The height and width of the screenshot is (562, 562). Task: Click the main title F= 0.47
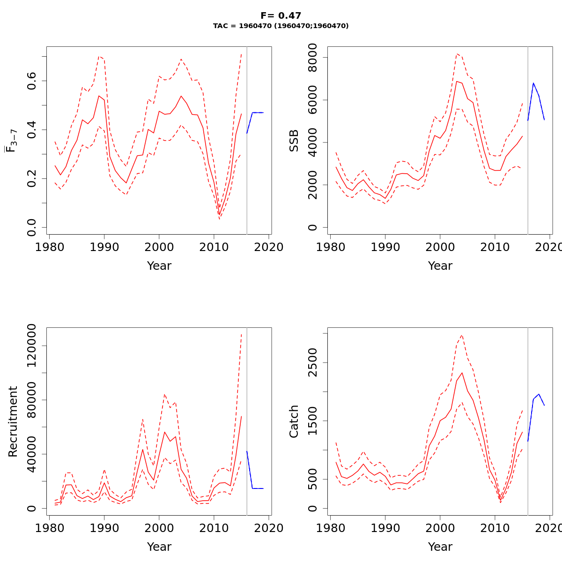click(x=281, y=16)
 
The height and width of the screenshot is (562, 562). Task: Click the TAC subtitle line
click(x=281, y=26)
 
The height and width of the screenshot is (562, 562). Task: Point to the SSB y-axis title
click(x=294, y=140)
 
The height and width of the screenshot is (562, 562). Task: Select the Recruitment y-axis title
click(x=13, y=421)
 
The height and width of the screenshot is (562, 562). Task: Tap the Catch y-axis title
click(x=294, y=421)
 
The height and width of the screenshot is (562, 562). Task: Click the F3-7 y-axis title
click(x=11, y=140)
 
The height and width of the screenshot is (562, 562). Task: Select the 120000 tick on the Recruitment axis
click(x=31, y=346)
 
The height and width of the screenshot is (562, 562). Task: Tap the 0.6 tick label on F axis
click(x=31, y=81)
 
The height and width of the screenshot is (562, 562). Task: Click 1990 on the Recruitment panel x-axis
click(x=104, y=528)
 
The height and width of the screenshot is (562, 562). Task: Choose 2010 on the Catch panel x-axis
click(x=495, y=528)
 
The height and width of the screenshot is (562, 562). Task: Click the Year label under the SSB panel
click(x=440, y=266)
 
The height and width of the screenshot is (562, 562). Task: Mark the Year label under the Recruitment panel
click(x=159, y=547)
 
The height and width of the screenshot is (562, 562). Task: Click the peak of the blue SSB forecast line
click(x=533, y=83)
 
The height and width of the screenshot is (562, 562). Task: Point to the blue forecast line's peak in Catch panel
click(x=539, y=394)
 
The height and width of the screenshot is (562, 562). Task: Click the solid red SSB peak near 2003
click(x=457, y=81)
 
